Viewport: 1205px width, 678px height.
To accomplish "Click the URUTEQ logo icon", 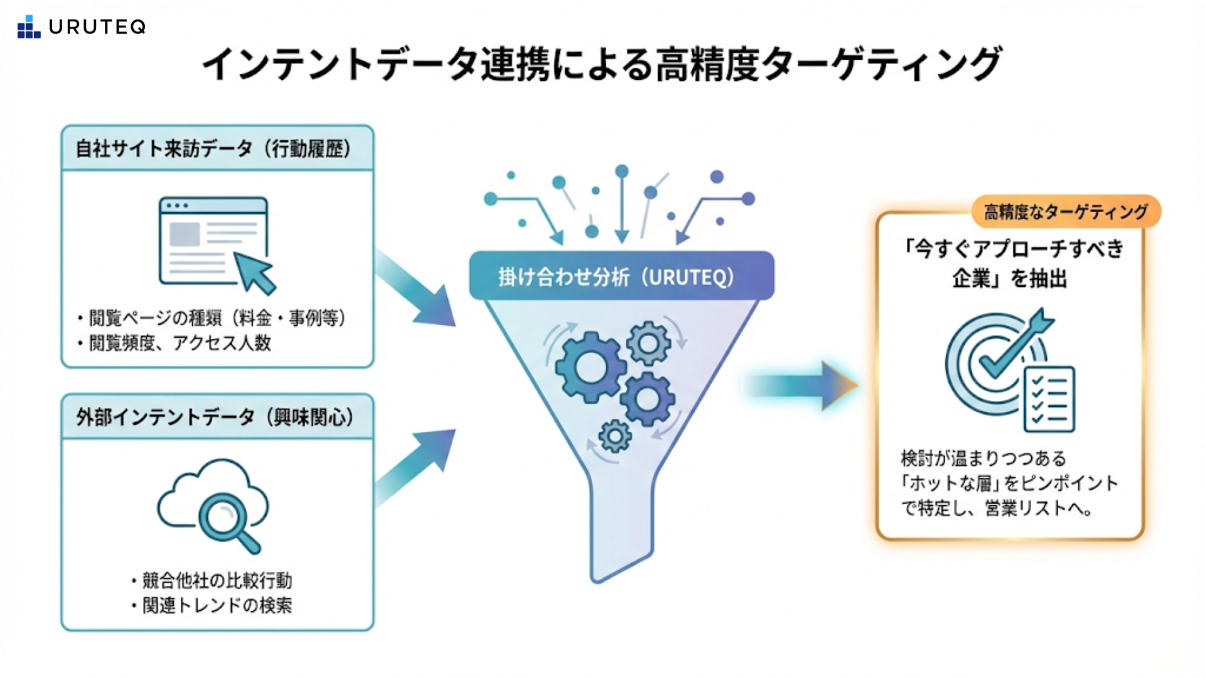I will pos(29,27).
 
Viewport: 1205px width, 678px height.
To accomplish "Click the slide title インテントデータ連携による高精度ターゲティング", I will pos(601,63).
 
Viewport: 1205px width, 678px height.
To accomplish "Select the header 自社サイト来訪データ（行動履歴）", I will pos(213,149).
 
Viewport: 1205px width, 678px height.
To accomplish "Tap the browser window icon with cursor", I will pos(217,244).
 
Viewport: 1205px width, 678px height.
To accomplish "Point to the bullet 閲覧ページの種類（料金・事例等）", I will pos(217,318).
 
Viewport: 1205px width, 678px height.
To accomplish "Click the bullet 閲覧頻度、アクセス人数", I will pos(179,343).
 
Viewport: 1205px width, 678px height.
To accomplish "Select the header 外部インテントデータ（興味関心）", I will pos(215,417).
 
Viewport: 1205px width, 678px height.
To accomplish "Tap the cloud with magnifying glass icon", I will pos(213,505).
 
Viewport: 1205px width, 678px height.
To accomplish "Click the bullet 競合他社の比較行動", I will pos(217,580).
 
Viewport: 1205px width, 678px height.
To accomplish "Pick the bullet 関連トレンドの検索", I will pos(217,605).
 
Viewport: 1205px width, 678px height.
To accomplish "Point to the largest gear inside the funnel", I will pos(590,367).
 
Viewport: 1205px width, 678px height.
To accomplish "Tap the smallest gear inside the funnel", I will pos(615,436).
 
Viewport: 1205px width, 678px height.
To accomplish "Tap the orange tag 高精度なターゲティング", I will pos(1066,212).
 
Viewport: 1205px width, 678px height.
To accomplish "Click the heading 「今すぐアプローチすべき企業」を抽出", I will pos(1010,263).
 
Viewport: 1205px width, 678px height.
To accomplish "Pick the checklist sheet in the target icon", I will pos(1049,399).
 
